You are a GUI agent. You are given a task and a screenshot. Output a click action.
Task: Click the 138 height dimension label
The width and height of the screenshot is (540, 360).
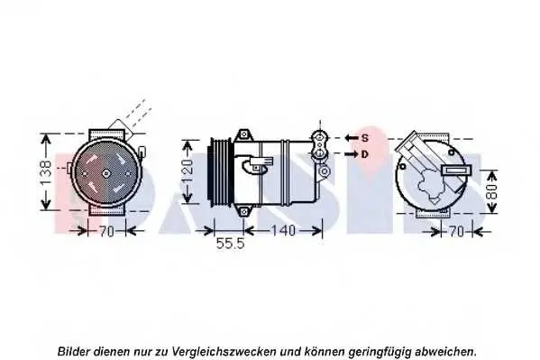[45, 172]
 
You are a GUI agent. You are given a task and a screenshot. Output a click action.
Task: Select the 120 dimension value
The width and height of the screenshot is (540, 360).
[187, 171]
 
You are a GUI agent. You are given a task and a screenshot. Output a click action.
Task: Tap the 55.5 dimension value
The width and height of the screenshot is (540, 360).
[230, 244]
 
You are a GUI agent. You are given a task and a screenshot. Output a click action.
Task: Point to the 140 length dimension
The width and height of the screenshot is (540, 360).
[284, 230]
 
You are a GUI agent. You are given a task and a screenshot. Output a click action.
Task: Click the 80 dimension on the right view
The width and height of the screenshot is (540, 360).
[492, 190]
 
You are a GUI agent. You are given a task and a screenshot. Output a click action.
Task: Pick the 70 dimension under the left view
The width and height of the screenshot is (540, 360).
[106, 231]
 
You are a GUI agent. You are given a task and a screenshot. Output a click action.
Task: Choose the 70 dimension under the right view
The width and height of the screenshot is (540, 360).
[457, 231]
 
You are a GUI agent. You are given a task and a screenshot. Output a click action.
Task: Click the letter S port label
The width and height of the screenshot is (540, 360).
[365, 138]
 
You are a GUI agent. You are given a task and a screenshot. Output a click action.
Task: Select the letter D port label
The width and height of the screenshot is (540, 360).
[365, 154]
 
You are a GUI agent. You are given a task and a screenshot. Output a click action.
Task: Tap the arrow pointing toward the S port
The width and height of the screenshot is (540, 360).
[352, 138]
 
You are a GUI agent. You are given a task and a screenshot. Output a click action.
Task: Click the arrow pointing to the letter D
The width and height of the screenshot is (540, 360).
[352, 154]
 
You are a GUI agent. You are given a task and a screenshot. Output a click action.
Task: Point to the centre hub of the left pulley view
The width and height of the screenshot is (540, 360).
[106, 173]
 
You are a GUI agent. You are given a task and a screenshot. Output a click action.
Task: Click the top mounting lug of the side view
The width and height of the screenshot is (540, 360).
[243, 134]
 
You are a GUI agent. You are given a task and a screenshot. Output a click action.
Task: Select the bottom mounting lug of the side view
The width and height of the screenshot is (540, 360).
[243, 211]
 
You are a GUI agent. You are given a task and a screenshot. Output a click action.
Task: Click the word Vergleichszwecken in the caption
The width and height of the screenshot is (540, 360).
[224, 352]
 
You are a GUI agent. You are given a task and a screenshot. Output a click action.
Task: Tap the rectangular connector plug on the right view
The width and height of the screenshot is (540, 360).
[456, 170]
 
